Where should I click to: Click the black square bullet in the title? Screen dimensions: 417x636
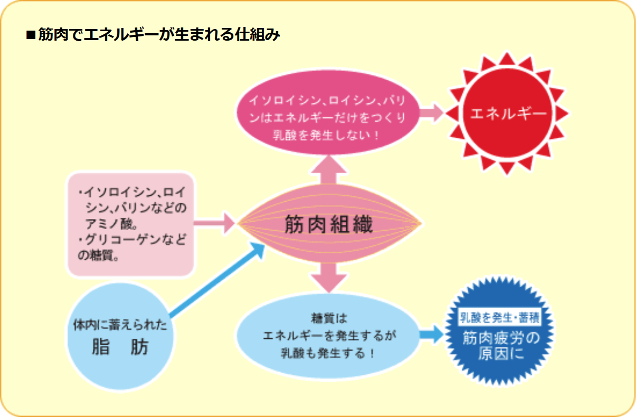tap(30, 36)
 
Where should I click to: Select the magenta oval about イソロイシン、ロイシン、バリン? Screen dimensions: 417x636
tap(327, 116)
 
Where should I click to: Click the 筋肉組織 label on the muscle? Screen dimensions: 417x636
tap(329, 225)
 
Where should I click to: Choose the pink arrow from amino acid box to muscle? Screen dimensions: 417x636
tap(214, 223)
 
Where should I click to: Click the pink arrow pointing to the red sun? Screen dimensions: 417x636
tap(432, 112)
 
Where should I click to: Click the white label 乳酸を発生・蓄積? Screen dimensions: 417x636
tap(499, 318)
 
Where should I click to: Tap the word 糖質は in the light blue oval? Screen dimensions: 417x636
tap(328, 318)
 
